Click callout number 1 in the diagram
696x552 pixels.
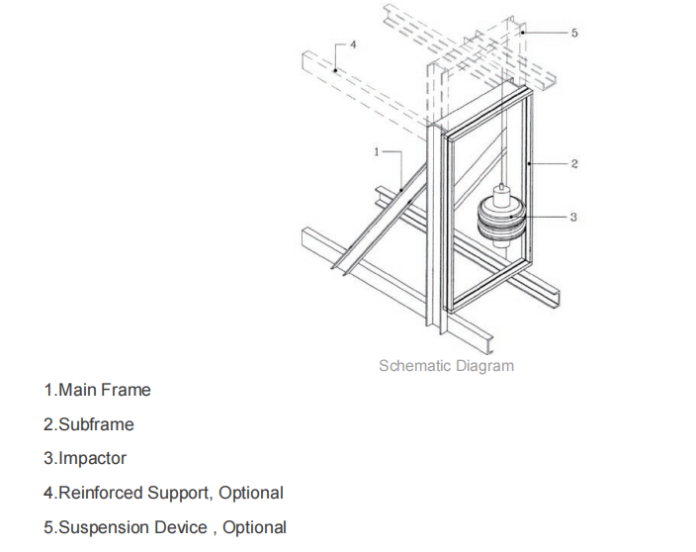pyautogui.click(x=376, y=151)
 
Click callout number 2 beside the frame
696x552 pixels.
pyautogui.click(x=574, y=163)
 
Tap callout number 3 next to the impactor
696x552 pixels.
pyautogui.click(x=574, y=216)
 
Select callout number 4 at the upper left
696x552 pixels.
pyautogui.click(x=353, y=46)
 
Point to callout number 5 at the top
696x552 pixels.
pyautogui.click(x=574, y=33)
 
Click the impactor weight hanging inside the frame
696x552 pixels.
pyautogui.click(x=502, y=220)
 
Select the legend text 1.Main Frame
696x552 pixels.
pyautogui.click(x=97, y=390)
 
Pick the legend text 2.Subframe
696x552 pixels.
pyautogui.click(x=89, y=424)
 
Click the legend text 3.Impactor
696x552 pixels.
pyautogui.click(x=85, y=458)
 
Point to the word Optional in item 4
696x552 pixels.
pyautogui.click(x=251, y=493)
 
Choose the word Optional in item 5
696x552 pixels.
pyautogui.click(x=254, y=527)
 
